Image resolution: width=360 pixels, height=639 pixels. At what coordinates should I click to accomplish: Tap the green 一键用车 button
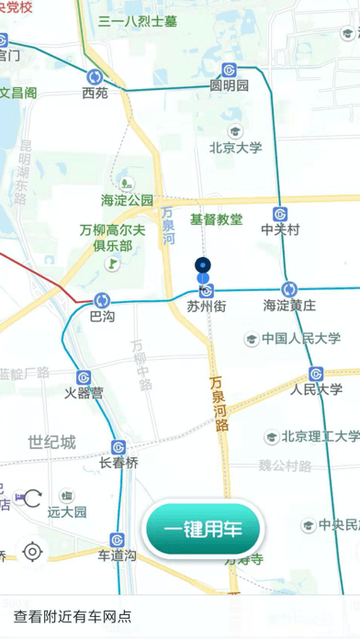203,531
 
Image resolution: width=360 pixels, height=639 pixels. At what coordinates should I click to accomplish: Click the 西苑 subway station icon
96,77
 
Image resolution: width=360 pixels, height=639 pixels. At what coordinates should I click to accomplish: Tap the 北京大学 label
236,147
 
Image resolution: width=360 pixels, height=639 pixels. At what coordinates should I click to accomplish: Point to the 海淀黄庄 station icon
289,288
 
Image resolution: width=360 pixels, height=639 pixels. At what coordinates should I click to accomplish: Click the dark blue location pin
204,266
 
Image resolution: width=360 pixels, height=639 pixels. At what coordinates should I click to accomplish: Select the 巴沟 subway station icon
102,299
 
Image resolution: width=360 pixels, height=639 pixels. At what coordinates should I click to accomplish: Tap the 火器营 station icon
84,376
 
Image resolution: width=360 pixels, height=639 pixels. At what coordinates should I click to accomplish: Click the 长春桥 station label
118,464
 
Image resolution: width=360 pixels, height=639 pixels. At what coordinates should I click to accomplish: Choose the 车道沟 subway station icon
118,540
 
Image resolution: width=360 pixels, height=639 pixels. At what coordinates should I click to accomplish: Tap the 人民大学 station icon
316,374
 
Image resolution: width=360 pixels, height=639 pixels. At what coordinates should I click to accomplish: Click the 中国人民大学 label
300,339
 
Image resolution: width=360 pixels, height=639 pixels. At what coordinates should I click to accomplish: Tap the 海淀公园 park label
127,199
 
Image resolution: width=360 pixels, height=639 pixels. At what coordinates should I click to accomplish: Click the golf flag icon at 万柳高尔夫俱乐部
112,263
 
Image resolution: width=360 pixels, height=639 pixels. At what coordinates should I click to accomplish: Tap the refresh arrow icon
32,499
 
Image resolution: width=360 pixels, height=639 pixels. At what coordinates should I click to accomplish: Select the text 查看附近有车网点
73,617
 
